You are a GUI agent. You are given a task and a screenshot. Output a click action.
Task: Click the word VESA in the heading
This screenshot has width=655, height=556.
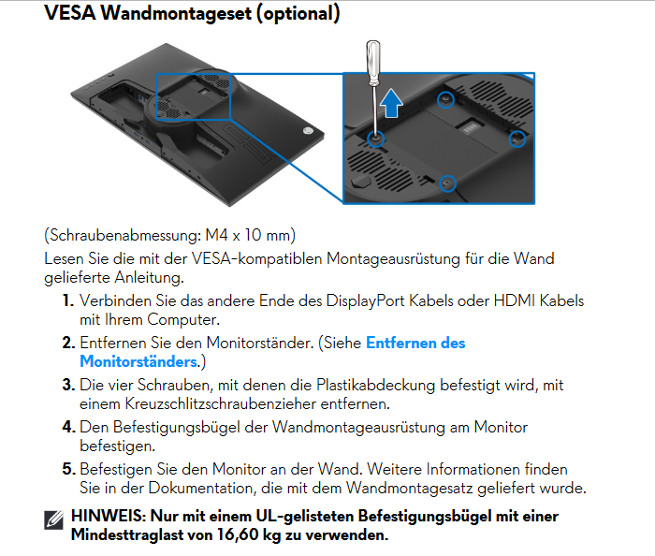70,13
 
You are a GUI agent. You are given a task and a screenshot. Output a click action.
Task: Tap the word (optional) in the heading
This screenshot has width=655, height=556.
298,14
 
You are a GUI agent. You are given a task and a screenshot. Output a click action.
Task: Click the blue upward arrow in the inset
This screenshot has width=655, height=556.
391,103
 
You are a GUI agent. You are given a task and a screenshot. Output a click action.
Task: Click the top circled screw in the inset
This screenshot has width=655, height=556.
445,99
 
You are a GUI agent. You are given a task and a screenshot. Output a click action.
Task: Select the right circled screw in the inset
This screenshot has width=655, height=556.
517,139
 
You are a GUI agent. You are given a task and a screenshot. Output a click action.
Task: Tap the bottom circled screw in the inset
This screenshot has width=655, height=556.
447,183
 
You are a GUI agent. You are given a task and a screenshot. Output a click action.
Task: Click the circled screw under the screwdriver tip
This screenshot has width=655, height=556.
375,139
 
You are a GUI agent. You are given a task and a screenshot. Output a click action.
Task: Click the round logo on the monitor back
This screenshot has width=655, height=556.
308,131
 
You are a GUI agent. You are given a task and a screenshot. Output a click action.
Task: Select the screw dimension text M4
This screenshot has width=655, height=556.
216,235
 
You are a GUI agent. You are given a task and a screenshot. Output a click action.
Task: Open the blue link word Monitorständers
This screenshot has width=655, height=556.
138,361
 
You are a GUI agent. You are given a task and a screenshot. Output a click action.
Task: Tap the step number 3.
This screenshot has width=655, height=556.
68,385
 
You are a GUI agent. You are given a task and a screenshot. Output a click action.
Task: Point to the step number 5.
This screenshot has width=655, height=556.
68,470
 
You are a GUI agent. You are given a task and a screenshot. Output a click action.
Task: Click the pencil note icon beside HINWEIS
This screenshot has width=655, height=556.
54,520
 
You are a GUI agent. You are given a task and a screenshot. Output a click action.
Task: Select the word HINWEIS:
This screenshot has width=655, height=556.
109,517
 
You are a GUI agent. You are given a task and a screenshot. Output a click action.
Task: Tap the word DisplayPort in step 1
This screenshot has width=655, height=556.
366,301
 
